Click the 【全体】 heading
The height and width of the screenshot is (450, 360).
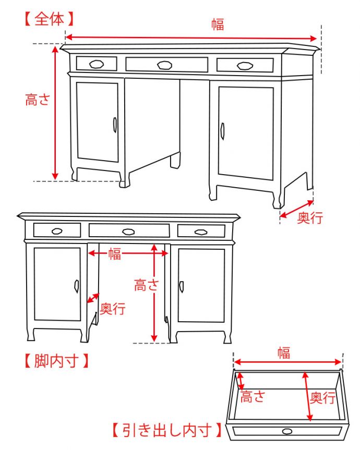[50, 19]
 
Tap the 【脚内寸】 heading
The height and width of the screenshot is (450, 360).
[56, 361]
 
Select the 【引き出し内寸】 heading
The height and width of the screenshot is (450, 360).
[167, 430]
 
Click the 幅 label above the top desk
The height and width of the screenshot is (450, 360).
[218, 25]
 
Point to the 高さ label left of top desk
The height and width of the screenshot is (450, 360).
[38, 100]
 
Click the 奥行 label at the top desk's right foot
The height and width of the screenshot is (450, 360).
[310, 218]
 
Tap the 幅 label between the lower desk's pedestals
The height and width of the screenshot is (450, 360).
[115, 254]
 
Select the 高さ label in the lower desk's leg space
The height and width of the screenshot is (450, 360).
[147, 285]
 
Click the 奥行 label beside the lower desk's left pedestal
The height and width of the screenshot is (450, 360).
[113, 309]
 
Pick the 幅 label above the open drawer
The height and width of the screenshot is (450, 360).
[284, 352]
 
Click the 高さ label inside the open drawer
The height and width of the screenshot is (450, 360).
[253, 397]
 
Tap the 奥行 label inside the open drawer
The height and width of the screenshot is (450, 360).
[322, 398]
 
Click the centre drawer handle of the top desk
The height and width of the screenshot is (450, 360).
[164, 65]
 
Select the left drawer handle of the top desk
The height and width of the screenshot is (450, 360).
[97, 64]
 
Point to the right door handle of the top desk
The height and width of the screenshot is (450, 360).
[222, 131]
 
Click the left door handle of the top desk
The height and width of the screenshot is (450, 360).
[115, 125]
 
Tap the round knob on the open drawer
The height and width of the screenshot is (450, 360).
[287, 431]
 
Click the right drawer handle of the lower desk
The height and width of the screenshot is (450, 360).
[200, 232]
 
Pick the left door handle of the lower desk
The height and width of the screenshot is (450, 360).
[76, 286]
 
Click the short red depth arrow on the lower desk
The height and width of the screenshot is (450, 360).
[93, 298]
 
